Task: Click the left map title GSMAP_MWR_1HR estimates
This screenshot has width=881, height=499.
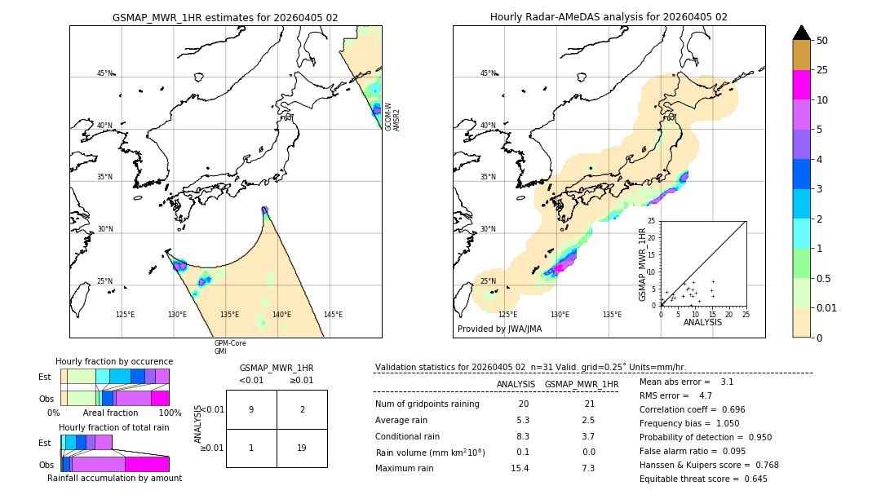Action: point(225,17)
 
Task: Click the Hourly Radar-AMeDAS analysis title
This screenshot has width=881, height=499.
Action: point(609,17)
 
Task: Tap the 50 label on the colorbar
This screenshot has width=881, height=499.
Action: point(822,41)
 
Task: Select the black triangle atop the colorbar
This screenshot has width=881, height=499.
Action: point(801,33)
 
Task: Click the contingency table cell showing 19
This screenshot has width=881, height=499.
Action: point(302,448)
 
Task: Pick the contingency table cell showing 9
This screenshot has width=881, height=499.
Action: point(251,409)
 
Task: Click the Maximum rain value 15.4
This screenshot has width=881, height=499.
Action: point(519,468)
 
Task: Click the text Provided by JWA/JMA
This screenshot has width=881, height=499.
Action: point(499,329)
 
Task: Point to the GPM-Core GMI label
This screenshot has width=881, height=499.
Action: point(230,347)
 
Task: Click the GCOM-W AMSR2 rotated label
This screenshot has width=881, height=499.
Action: point(392,117)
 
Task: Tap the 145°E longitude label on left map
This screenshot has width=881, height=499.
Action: point(333,315)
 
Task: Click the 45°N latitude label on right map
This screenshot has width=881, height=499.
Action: point(488,73)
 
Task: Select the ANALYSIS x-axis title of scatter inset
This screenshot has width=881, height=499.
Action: point(703,323)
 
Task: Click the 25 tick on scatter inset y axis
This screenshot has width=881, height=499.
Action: point(652,221)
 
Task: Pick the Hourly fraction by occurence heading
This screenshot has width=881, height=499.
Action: point(114,361)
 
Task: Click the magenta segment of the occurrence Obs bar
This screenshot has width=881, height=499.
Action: point(160,398)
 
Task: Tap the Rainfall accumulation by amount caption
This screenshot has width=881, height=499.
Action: point(114,479)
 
